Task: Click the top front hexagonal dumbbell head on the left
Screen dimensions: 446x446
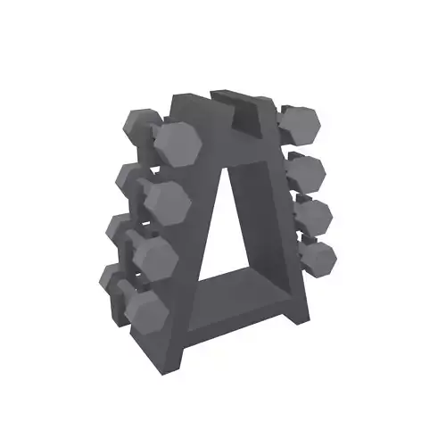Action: [178, 142]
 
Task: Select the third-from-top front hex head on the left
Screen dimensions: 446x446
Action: [157, 258]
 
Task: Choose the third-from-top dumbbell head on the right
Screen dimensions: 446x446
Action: [313, 217]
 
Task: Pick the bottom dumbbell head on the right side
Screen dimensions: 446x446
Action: [318, 259]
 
